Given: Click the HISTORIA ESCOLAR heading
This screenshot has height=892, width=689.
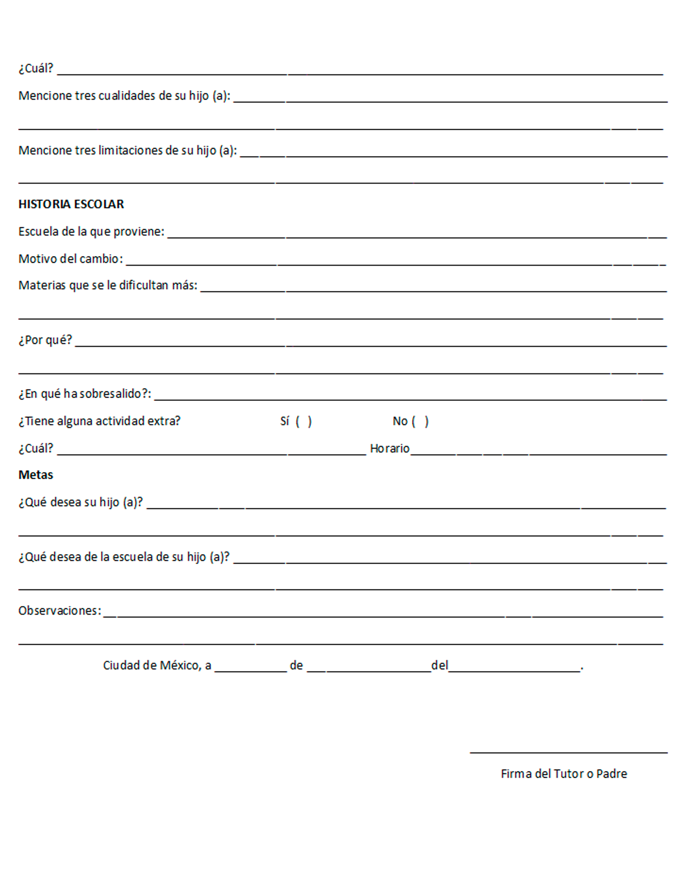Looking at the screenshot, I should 71,204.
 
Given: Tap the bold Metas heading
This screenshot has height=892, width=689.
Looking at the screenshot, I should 36,475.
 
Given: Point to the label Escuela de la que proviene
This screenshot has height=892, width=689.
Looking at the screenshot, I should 91,232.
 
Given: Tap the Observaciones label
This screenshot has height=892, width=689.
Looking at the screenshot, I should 60,611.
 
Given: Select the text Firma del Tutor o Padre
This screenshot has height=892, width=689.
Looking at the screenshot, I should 564,774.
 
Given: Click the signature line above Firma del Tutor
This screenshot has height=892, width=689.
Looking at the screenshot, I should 568,752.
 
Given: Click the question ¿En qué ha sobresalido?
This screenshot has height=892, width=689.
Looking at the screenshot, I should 85,394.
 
